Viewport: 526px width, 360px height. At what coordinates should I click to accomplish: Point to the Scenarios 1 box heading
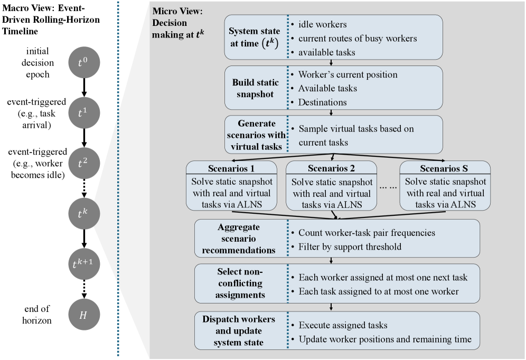(x=231, y=169)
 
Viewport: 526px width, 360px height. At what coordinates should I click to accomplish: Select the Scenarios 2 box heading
(x=331, y=169)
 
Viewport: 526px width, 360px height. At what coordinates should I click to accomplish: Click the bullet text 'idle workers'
(x=322, y=25)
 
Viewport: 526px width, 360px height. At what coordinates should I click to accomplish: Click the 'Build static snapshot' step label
(x=255, y=88)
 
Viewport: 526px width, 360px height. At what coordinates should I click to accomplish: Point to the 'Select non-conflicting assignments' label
(x=240, y=283)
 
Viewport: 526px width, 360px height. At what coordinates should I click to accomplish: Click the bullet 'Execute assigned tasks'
(x=343, y=325)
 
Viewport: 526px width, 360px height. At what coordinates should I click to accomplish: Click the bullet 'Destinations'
(x=323, y=102)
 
